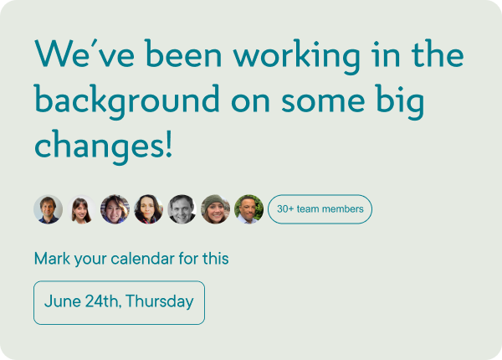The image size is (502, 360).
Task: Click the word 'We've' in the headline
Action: pyautogui.click(x=85, y=54)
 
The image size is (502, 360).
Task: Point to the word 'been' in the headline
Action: pyautogui.click(x=183, y=54)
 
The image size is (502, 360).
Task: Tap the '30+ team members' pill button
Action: pyautogui.click(x=320, y=209)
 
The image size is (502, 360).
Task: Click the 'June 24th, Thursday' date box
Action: pyautogui.click(x=119, y=303)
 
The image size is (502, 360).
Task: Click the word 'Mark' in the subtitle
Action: pyautogui.click(x=52, y=259)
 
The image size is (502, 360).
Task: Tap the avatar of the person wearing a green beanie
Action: pyautogui.click(x=215, y=209)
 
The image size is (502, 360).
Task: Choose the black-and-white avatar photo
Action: pyautogui.click(x=182, y=209)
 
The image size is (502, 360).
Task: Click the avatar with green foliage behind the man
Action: pyautogui.click(x=248, y=209)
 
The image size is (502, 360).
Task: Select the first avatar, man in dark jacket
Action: pyautogui.click(x=48, y=209)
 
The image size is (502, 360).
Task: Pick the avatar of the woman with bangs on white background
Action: pyautogui.click(x=81, y=209)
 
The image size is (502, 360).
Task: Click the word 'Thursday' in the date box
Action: pyautogui.click(x=160, y=301)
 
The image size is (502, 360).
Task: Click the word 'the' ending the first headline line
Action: pyautogui.click(x=438, y=54)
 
